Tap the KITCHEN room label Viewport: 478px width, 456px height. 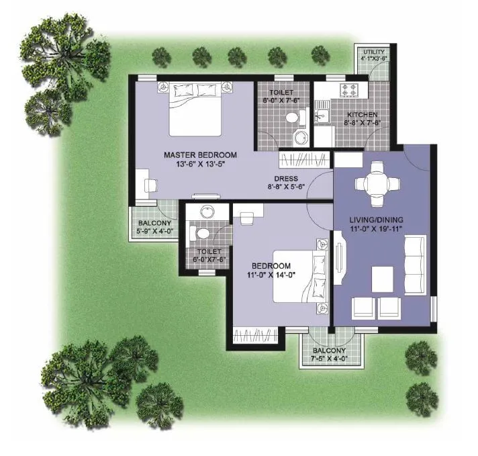click(x=362, y=115)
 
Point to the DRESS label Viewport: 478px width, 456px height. click(x=286, y=179)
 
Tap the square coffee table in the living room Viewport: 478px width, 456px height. click(x=383, y=277)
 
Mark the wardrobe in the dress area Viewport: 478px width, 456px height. click(x=304, y=161)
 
